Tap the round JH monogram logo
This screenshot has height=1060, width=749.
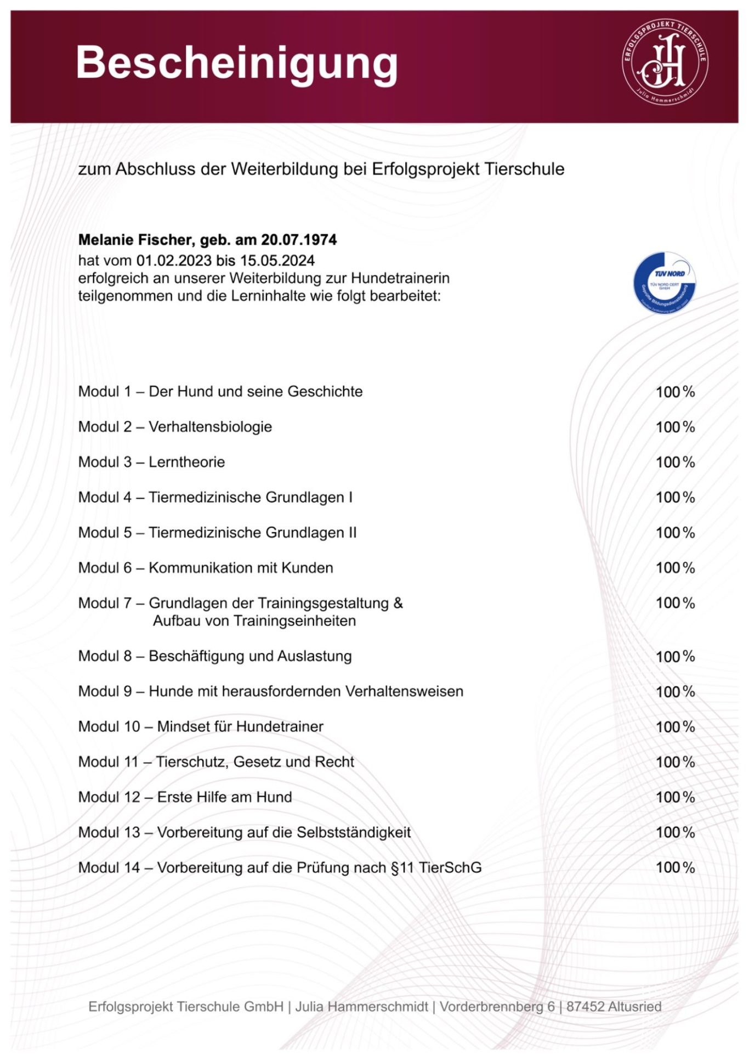click(665, 61)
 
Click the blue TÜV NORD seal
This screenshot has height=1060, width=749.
click(665, 283)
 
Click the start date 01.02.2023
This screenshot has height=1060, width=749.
click(174, 260)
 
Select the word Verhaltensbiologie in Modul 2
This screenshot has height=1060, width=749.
click(210, 427)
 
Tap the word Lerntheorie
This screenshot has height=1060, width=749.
click(186, 462)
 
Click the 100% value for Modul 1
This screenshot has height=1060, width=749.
click(675, 392)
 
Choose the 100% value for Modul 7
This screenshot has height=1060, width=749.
click(675, 603)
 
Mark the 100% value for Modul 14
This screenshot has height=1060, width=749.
click(675, 867)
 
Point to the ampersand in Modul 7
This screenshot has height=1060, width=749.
click(398, 603)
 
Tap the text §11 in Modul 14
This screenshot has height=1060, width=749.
click(402, 867)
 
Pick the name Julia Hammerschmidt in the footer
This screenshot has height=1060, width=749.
click(361, 1007)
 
